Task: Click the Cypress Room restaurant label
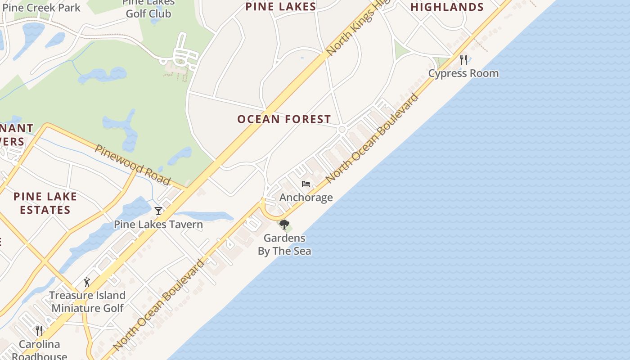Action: point(463,73)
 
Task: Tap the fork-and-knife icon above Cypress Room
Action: point(463,59)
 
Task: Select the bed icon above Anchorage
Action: point(306,184)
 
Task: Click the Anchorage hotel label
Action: point(306,198)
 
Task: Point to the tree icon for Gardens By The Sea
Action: point(284,224)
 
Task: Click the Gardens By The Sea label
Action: point(284,244)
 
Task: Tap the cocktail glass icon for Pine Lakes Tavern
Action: point(158,211)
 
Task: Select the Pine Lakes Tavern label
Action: point(158,224)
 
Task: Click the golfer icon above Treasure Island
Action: point(87,282)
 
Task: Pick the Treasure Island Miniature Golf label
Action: point(87,301)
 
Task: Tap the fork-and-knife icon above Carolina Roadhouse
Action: point(39,331)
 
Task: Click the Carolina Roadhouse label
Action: point(39,350)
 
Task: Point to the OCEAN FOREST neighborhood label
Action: point(284,119)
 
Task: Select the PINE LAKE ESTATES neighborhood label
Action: point(45,203)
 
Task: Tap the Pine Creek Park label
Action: point(41,8)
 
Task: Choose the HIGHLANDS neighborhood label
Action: point(447,7)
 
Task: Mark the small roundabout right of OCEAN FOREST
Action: point(342,130)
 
